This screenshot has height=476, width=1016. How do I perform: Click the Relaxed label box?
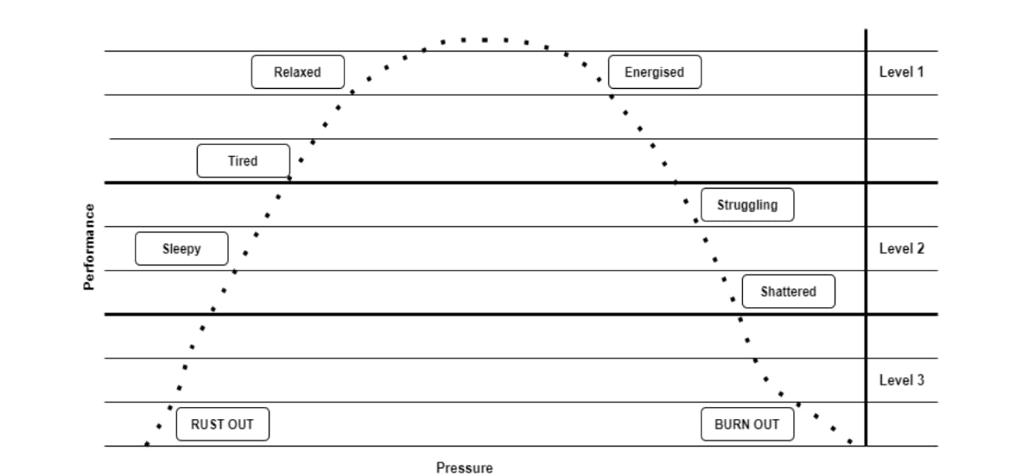pyautogui.click(x=298, y=72)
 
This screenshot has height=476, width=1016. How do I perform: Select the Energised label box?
pyautogui.click(x=654, y=72)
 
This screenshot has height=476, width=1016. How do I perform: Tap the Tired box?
pyautogui.click(x=243, y=161)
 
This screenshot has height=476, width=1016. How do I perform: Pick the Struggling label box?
pyautogui.click(x=747, y=205)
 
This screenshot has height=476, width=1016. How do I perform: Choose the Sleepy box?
pyautogui.click(x=182, y=249)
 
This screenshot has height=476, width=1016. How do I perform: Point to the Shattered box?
pyautogui.click(x=788, y=292)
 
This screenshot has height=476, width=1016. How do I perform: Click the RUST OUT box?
pyautogui.click(x=222, y=424)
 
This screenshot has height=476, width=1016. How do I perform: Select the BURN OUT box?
pyautogui.click(x=747, y=424)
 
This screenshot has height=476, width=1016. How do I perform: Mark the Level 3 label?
pyautogui.click(x=902, y=380)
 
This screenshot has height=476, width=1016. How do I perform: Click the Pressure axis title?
pyautogui.click(x=464, y=468)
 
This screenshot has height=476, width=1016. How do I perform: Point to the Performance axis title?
pyautogui.click(x=90, y=248)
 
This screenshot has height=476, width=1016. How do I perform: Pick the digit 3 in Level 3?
pyautogui.click(x=920, y=380)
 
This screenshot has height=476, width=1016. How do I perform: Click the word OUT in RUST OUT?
pyautogui.click(x=241, y=424)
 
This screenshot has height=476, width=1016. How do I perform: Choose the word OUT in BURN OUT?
pyautogui.click(x=766, y=424)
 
